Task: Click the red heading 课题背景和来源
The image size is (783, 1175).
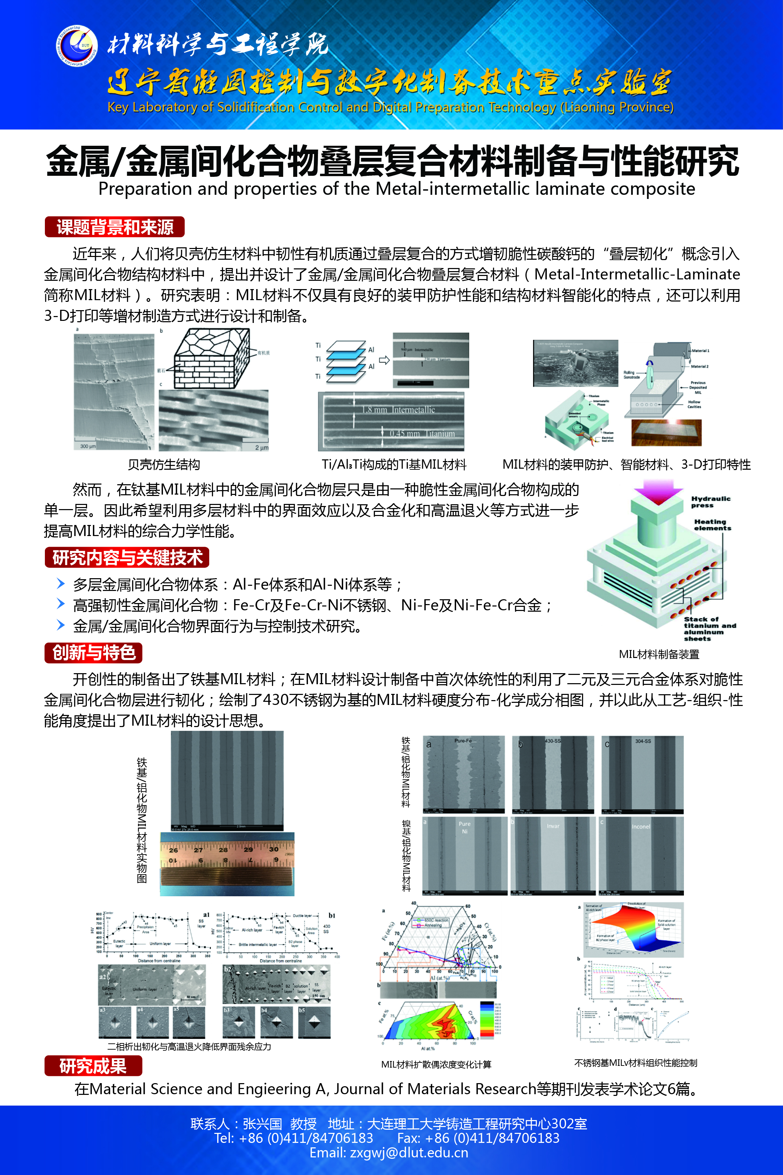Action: [115, 227]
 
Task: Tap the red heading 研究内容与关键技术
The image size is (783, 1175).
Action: [127, 557]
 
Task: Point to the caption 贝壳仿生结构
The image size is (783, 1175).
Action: [164, 465]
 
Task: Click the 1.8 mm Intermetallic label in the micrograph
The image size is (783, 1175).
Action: [398, 410]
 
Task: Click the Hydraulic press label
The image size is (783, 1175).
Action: [710, 501]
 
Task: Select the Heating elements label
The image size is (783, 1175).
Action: [712, 525]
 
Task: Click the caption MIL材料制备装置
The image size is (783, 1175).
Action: [659, 654]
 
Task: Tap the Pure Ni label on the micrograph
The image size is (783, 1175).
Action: [464, 827]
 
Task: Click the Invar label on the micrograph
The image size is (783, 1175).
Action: [553, 826]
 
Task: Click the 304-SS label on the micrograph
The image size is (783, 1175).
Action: [643, 741]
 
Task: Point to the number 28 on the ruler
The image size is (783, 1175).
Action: [223, 849]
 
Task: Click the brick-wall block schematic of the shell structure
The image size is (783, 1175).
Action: [210, 359]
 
